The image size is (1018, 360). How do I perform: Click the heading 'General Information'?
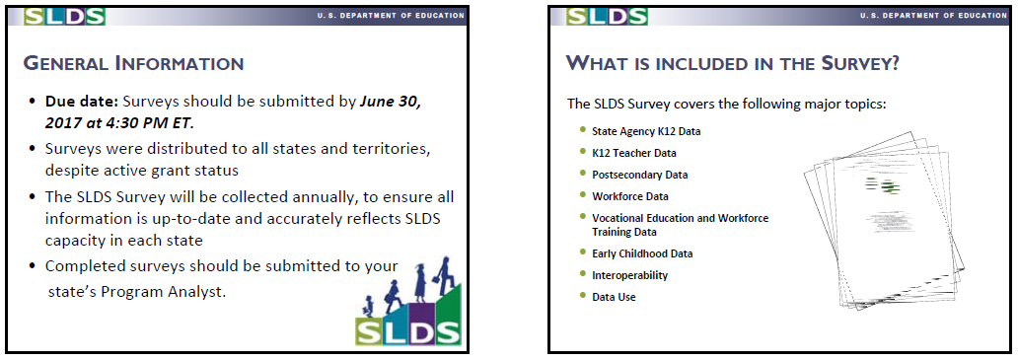pyautogui.click(x=133, y=63)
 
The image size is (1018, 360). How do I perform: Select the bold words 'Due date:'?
pyautogui.click(x=82, y=102)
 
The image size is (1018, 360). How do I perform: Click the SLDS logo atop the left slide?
pyautogui.click(x=64, y=16)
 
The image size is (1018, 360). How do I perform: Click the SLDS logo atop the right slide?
pyautogui.click(x=607, y=16)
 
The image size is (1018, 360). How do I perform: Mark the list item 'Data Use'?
pyautogui.click(x=614, y=297)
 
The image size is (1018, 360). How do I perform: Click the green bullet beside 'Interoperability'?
pyautogui.click(x=582, y=274)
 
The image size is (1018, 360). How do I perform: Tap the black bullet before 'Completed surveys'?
pyautogui.click(x=33, y=266)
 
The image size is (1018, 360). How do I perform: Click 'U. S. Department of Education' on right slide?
pyautogui.click(x=933, y=15)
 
